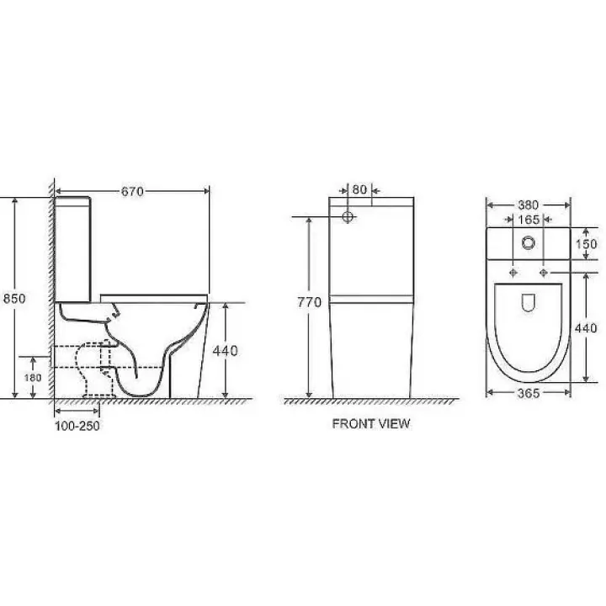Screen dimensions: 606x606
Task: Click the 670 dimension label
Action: coord(132,191)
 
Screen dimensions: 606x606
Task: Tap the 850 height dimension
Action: coord(14,298)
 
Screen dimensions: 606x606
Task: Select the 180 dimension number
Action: coord(33,377)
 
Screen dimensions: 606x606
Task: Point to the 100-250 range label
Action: coord(77,426)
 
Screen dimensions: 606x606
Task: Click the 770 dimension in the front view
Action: coord(309,302)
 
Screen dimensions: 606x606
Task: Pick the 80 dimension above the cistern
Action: coord(359,189)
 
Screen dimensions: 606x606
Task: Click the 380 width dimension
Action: coord(529,205)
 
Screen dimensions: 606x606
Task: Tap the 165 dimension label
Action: coord(529,220)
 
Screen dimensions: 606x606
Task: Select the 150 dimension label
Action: coord(587,244)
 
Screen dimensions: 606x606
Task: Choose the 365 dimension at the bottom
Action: coord(529,393)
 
